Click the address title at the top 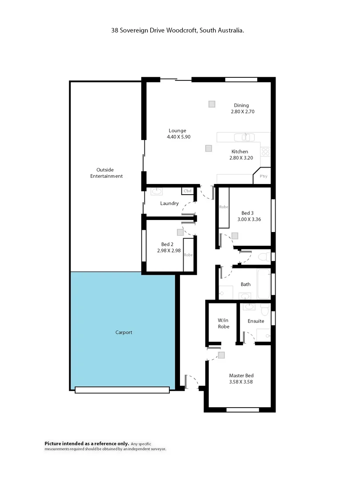[178, 30]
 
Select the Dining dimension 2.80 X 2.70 [242, 112]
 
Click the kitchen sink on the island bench [242, 137]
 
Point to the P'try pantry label [264, 176]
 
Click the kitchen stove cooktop [265, 151]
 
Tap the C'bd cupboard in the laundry [187, 191]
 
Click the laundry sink [157, 192]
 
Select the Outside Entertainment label [106, 173]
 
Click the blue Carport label [124, 332]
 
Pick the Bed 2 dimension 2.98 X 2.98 [168, 251]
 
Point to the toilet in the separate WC [263, 256]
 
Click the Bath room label [245, 284]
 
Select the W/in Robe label [223, 323]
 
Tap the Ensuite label [256, 321]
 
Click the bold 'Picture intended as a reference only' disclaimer [87, 444]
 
